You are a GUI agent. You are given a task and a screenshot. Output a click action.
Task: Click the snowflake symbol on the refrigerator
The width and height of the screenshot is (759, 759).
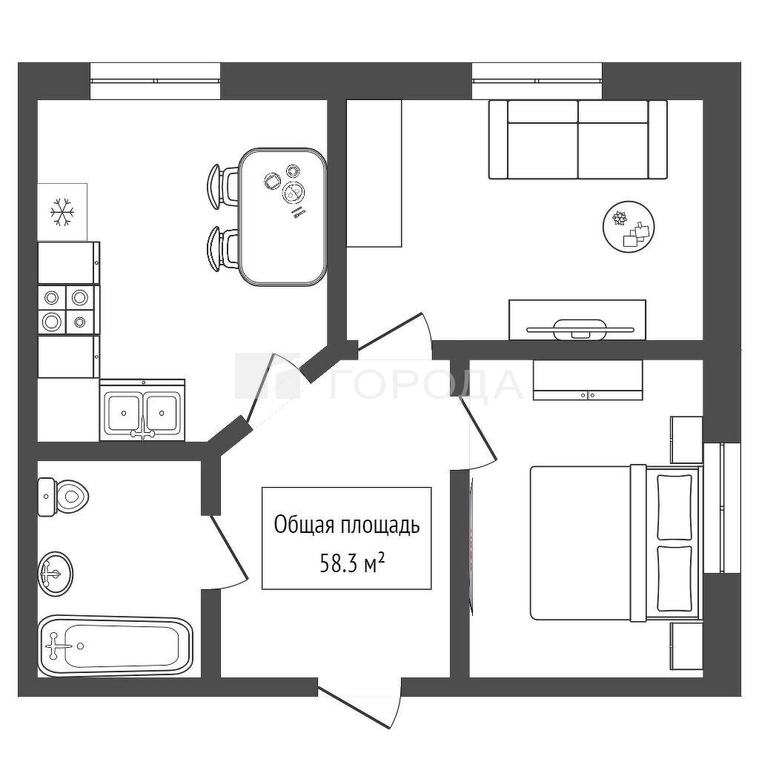63,211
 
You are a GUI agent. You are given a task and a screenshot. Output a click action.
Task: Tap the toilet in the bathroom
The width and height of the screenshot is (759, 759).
63,497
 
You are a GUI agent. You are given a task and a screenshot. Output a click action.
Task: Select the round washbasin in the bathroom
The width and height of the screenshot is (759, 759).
56,574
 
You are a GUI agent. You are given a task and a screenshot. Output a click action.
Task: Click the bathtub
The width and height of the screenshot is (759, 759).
116,646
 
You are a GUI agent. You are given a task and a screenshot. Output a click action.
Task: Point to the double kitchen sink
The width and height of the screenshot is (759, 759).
142,411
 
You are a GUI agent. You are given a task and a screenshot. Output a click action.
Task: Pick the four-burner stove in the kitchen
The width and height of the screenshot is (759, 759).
69,309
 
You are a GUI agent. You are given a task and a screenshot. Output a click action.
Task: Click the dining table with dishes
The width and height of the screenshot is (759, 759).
282,216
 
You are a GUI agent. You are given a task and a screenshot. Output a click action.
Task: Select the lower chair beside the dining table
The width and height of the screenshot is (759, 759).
222,248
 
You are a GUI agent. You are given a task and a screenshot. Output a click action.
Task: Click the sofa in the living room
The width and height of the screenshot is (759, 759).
578,139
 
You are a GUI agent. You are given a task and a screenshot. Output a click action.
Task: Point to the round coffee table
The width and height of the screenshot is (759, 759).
629,226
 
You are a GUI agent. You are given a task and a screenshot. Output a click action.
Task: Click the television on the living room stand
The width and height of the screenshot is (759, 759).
580,328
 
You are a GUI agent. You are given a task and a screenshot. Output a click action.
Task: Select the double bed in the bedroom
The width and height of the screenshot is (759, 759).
616,543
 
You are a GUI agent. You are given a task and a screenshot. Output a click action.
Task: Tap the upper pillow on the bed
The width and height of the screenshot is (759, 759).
675,507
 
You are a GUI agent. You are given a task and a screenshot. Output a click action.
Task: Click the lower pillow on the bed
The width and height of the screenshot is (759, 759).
675,578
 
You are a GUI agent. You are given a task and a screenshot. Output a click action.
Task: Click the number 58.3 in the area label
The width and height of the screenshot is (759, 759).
337,564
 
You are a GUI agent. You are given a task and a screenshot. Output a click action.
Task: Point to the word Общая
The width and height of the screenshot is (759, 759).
305,525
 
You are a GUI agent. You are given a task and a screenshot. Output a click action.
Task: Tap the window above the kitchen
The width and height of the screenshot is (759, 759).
156,81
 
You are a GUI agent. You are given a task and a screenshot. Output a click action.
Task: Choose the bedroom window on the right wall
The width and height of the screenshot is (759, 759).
722,508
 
